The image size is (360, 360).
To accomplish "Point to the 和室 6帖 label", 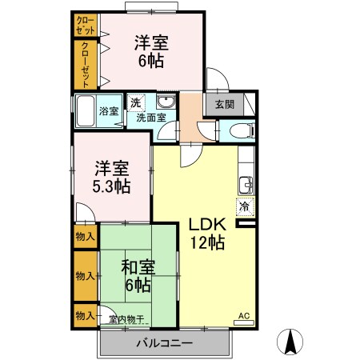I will tap(137, 275).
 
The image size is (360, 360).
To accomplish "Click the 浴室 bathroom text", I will tap(108, 111).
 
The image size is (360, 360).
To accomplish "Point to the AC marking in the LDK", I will tap(243, 318).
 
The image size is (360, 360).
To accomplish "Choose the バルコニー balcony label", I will tap(163, 343).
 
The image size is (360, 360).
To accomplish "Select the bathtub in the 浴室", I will tap(86, 110).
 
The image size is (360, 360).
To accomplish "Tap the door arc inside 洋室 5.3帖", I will tap(84, 212).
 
